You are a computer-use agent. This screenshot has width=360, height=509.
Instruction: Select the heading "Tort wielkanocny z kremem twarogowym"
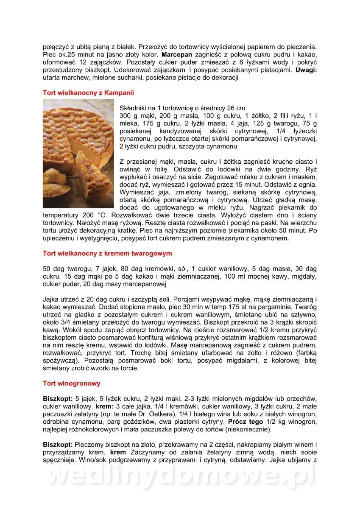click(107, 253)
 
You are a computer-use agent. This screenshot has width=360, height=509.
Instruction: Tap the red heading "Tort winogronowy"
click(72, 383)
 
